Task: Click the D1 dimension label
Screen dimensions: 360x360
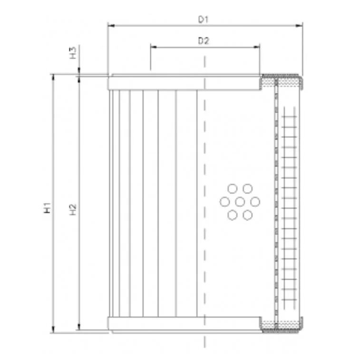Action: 204,19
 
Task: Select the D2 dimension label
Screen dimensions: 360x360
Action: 204,41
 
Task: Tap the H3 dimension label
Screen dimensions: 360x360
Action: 73,53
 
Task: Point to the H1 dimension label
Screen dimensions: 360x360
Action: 47,207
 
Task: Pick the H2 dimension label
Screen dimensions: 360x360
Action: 73,210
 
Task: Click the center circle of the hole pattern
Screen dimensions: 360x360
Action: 240,202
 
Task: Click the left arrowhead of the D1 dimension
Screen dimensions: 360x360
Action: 111,26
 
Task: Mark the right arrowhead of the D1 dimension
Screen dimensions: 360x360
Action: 299,26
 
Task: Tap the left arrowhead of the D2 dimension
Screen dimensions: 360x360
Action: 154,47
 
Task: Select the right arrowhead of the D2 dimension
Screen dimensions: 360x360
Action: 256,47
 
